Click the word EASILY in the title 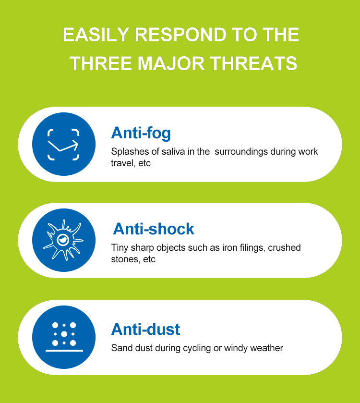[x=96, y=35]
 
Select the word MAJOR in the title [x=171, y=63]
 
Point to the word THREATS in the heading [x=254, y=63]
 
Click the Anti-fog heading [x=141, y=133]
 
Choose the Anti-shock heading [x=154, y=229]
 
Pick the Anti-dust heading [x=145, y=329]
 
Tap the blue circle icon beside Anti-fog [x=64, y=144]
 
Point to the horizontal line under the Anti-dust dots [x=64, y=350]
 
